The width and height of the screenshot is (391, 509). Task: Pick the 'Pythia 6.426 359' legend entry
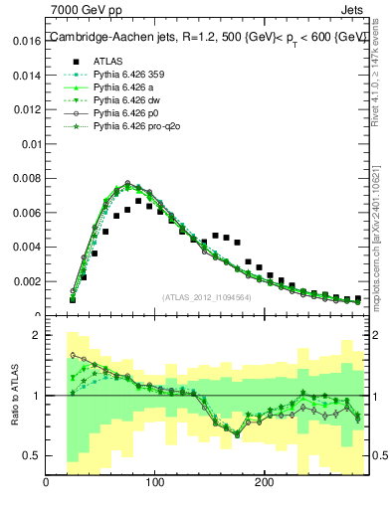pyautogui.click(x=130, y=75)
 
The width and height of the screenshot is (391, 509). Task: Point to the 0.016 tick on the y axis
pyautogui.click(x=26, y=43)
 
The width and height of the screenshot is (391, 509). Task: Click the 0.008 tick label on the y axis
pyautogui.click(x=26, y=179)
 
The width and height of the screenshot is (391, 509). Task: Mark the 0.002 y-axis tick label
pyautogui.click(x=26, y=281)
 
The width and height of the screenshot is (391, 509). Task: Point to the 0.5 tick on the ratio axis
pyautogui.click(x=33, y=455)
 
